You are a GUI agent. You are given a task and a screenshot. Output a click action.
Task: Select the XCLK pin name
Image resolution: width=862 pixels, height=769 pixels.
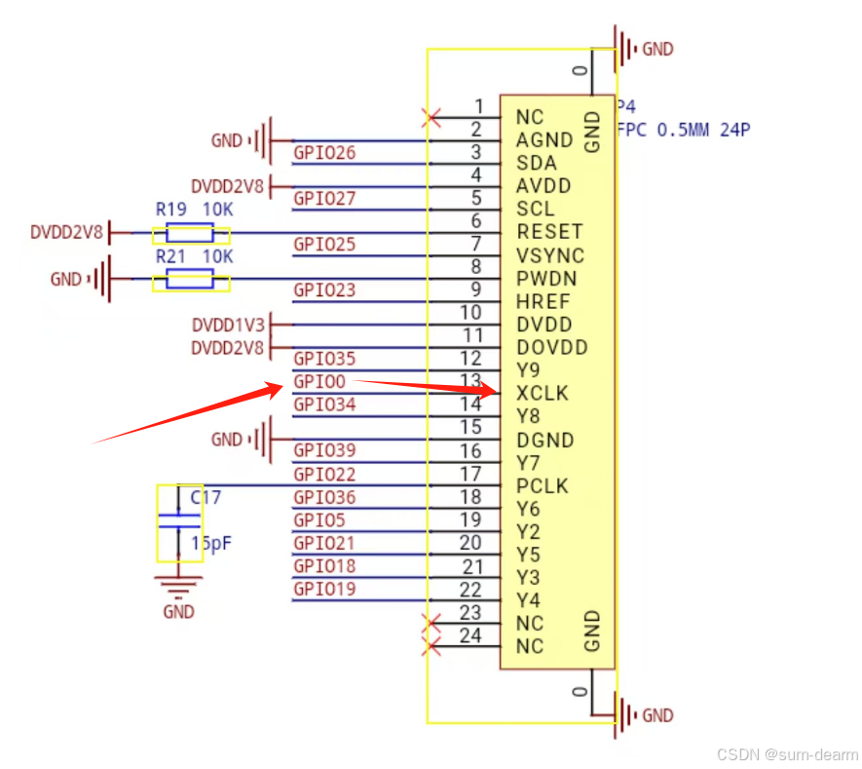543,394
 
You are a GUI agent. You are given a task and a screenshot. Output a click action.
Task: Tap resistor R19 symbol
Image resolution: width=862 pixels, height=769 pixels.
190,233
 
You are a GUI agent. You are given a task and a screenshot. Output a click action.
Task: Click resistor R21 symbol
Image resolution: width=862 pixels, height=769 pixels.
190,281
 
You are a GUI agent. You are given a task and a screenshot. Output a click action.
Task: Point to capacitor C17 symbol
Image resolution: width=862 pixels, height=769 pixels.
179,521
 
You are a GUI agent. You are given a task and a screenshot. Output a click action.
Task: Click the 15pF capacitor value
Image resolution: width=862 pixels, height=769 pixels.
210,544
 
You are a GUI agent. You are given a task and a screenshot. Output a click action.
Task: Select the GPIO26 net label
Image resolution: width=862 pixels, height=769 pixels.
324,153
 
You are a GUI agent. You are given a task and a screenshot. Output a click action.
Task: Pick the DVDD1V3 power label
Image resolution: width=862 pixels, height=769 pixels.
227,325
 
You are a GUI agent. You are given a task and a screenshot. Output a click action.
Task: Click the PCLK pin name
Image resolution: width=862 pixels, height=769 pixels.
543,486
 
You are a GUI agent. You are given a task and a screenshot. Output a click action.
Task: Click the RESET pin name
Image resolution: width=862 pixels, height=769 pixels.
549,232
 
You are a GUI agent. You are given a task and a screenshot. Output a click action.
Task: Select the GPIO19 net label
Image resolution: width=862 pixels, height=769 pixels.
324,590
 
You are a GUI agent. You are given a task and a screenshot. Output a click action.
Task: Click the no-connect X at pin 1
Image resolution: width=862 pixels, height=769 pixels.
429,117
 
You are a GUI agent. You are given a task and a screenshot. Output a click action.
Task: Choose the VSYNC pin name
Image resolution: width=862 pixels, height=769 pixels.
549,255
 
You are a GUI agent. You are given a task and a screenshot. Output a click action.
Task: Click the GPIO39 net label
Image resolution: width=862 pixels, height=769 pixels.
324,450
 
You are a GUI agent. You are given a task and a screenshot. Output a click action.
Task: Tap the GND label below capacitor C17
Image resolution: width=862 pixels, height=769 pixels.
179,612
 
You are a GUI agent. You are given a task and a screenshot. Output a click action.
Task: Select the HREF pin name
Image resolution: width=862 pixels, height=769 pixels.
543,301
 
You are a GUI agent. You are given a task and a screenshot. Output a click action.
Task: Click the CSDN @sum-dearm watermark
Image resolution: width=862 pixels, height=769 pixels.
787,754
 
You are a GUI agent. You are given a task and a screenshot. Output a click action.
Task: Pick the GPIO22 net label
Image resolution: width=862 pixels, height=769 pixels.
324,475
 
